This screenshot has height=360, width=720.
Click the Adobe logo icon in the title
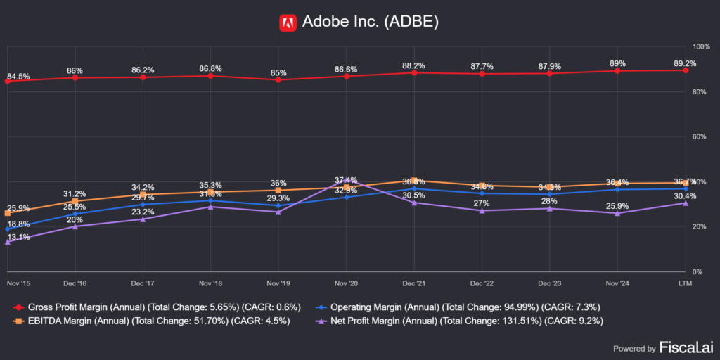(x=288, y=22)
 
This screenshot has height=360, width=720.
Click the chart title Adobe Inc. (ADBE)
(x=370, y=22)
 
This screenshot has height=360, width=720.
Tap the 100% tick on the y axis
(x=702, y=46)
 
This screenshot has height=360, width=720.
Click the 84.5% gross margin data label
(x=18, y=76)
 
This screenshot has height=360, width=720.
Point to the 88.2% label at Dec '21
(x=414, y=65)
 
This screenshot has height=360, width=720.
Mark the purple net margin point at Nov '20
(x=347, y=181)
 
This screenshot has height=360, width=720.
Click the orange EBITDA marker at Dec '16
(x=75, y=201)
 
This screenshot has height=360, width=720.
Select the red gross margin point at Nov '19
(x=278, y=79)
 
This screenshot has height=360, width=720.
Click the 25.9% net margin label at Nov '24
(x=617, y=205)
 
